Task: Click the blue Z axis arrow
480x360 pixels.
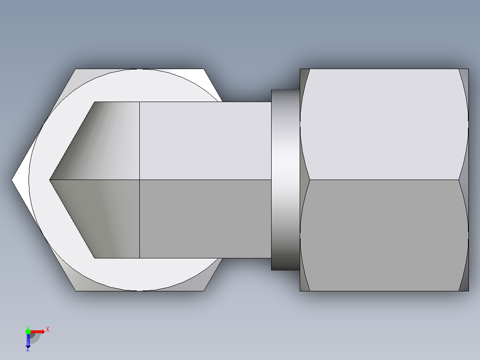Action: tap(28, 342)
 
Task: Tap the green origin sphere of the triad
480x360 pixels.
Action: tap(28, 331)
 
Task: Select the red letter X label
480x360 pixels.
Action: tap(47, 329)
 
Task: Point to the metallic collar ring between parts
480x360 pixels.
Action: tap(285, 180)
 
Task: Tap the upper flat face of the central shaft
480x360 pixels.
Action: tap(205, 141)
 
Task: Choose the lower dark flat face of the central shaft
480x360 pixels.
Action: tap(205, 219)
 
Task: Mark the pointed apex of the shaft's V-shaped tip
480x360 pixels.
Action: tap(50, 180)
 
